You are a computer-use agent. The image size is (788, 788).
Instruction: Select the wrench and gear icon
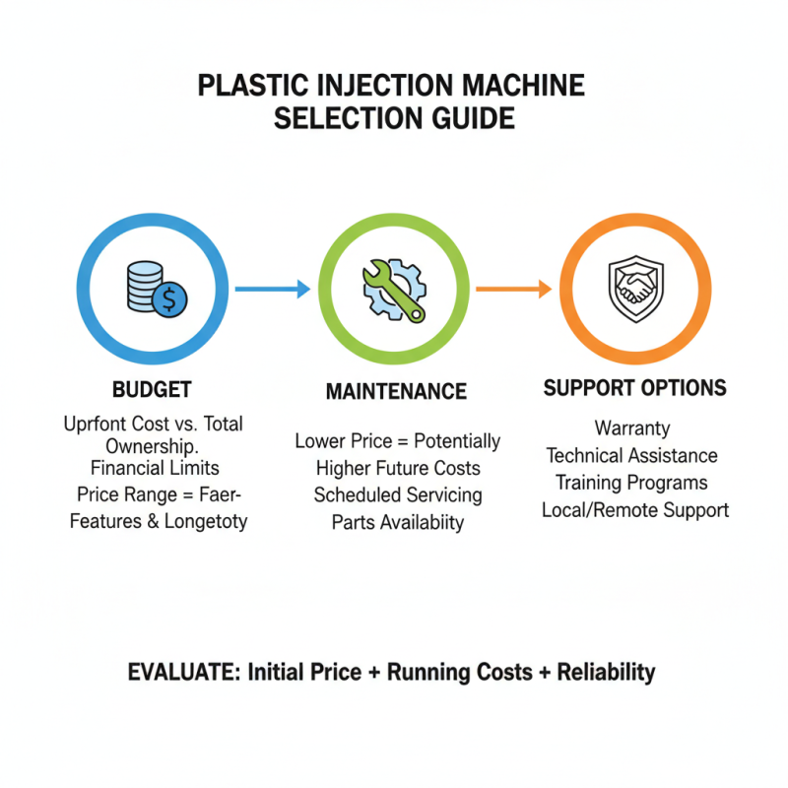pos(393,289)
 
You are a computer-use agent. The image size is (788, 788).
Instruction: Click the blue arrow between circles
pos(274,289)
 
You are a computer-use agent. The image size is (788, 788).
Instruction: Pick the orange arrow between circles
pos(513,289)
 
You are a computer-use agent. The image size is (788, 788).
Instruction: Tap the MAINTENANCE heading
pos(396,391)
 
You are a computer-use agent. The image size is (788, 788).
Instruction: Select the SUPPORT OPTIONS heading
pos(634,387)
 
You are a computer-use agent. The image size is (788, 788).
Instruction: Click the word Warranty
pos(632,428)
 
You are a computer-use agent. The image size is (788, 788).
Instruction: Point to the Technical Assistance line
pos(632,455)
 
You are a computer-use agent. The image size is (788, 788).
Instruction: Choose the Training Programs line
pos(631,483)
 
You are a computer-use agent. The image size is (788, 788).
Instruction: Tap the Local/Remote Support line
pos(635,510)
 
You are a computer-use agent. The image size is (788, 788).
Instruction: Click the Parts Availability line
pos(397,522)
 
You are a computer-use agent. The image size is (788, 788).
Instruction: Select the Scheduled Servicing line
pos(397,495)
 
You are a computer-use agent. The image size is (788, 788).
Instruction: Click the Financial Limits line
pos(154,467)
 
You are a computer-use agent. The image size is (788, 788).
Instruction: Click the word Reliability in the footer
pos(606,673)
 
